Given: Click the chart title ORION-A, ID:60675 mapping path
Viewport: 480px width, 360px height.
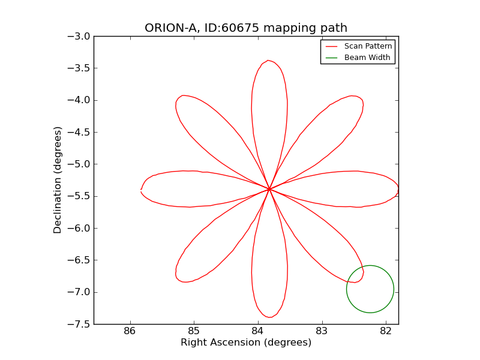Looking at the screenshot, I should pyautogui.click(x=246, y=28).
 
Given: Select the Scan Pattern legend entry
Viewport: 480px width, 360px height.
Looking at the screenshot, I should pyautogui.click(x=368, y=46).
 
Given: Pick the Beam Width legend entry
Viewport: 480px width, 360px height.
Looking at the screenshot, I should pyautogui.click(x=367, y=58).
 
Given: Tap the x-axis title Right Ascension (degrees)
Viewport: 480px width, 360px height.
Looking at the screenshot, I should pyautogui.click(x=246, y=343).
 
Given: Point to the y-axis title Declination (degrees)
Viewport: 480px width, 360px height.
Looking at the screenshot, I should pyautogui.click(x=58, y=180).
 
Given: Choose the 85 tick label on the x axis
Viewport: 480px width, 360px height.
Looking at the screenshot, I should pyautogui.click(x=194, y=331).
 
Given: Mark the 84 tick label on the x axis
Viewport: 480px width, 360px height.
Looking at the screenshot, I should pyautogui.click(x=258, y=331).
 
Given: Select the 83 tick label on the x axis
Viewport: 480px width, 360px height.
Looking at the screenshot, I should pyautogui.click(x=322, y=331).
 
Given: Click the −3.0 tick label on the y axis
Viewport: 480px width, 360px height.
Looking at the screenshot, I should pyautogui.click(x=79, y=36).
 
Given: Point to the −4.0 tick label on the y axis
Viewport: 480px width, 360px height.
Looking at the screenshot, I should pyautogui.click(x=79, y=100).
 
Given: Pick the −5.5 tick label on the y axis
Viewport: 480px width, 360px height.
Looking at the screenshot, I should pyautogui.click(x=79, y=196).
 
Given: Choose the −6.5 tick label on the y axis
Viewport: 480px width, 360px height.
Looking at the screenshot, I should pyautogui.click(x=79, y=260).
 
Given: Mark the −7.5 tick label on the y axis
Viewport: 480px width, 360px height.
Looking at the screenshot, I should pyautogui.click(x=79, y=324).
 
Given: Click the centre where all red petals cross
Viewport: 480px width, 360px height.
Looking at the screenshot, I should pyautogui.click(x=269, y=189).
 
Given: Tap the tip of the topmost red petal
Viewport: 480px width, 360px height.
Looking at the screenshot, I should pyautogui.click(x=269, y=61).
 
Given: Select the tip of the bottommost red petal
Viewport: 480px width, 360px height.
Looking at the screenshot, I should pyautogui.click(x=269, y=317).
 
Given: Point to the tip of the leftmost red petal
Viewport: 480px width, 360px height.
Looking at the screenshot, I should pyautogui.click(x=141, y=190).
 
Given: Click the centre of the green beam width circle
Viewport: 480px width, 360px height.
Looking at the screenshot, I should pyautogui.click(x=370, y=289).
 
